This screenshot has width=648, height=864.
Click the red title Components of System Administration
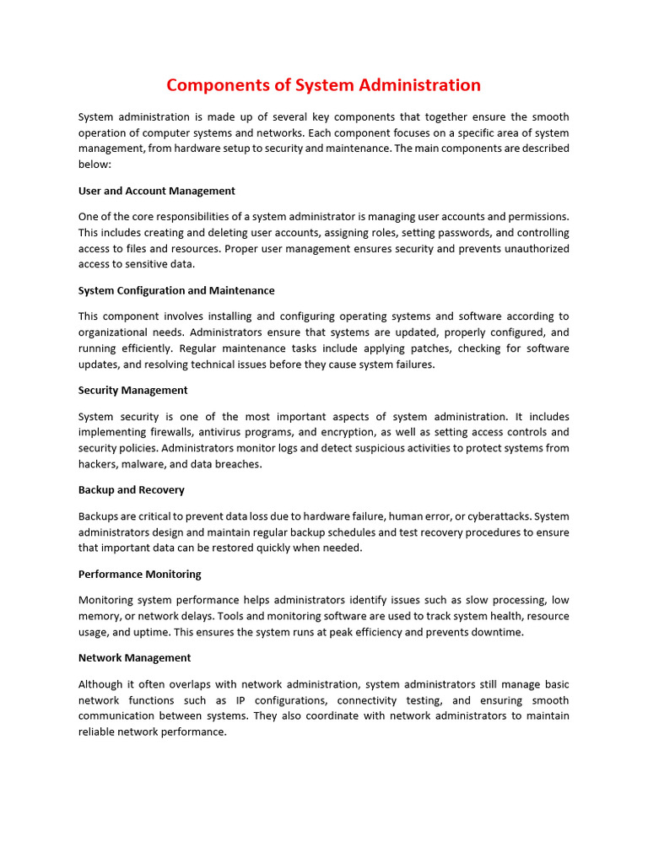(x=323, y=85)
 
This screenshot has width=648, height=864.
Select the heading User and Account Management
(x=156, y=191)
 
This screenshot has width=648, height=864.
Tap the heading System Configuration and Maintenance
(x=176, y=290)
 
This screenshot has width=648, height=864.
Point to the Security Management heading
(x=132, y=390)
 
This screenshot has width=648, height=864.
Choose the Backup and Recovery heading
(x=131, y=489)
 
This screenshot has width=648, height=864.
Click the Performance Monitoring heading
(x=140, y=574)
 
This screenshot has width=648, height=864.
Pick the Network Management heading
(x=134, y=657)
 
